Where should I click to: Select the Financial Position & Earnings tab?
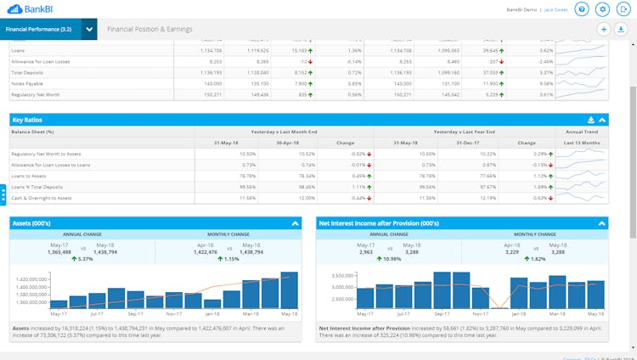click(149, 29)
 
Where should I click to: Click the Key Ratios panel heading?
click(27, 121)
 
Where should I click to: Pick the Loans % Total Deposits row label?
click(37, 186)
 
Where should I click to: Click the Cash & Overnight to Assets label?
click(42, 197)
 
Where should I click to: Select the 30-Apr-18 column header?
click(287, 142)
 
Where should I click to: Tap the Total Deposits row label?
click(28, 72)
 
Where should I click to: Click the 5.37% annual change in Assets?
click(83, 259)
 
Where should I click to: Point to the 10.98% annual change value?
click(390, 259)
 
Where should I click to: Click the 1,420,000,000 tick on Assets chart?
click(31, 278)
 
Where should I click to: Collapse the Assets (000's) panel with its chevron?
click(295, 223)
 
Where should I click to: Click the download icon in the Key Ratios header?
click(591, 121)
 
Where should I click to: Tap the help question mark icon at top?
click(582, 8)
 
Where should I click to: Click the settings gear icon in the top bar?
click(603, 8)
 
